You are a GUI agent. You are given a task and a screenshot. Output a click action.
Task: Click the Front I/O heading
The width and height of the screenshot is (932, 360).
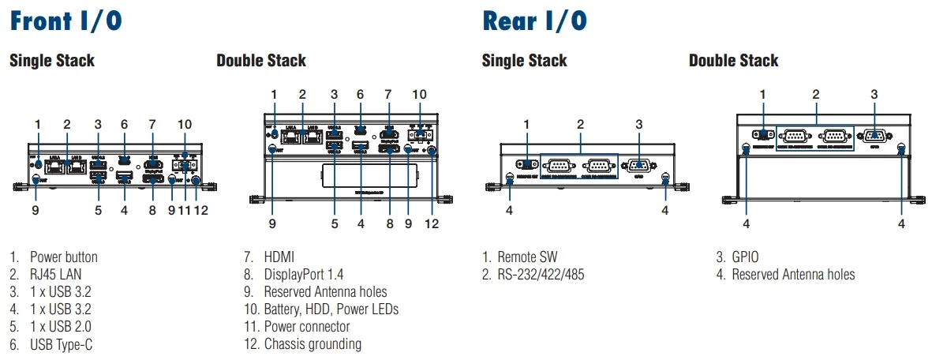(x=66, y=21)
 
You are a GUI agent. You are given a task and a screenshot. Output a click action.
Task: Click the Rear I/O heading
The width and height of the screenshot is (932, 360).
(x=534, y=21)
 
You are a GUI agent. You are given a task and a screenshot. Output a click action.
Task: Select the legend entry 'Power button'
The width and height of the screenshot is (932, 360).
(x=63, y=257)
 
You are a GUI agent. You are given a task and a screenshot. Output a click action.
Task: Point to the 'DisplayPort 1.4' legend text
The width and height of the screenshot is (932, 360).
(x=305, y=275)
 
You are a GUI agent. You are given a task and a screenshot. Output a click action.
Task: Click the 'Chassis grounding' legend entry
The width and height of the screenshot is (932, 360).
(x=313, y=344)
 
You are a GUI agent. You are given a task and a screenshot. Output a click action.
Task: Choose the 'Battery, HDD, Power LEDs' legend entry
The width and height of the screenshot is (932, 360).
(x=331, y=309)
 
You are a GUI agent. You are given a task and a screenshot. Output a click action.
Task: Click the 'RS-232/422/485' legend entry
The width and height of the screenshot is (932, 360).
(x=541, y=275)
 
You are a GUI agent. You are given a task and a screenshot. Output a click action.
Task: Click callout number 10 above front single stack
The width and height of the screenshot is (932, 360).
(x=185, y=124)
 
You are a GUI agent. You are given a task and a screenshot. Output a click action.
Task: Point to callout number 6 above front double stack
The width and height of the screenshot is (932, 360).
(x=360, y=94)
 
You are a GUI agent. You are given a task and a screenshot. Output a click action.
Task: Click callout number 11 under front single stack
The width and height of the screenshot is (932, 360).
(x=185, y=211)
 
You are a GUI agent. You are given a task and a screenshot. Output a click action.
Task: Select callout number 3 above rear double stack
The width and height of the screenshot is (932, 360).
(x=874, y=94)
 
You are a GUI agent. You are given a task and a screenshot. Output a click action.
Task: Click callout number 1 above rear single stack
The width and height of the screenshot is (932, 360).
(x=526, y=124)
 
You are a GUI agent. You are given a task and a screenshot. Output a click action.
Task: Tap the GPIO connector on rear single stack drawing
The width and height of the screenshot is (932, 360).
(x=638, y=166)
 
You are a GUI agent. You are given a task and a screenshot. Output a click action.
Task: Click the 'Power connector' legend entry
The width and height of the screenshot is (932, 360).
(x=307, y=327)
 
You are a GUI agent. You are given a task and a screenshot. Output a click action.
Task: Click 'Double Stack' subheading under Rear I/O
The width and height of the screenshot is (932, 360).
(x=733, y=61)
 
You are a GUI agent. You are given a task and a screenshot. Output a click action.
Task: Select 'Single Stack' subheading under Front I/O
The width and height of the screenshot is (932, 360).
(x=52, y=61)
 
